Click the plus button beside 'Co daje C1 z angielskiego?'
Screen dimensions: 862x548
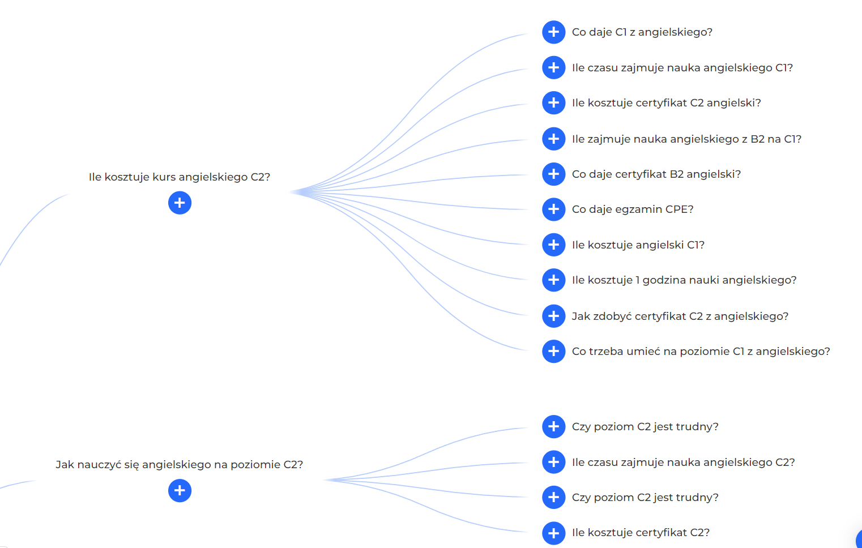point(553,32)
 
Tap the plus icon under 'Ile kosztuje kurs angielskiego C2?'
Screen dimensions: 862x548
point(180,203)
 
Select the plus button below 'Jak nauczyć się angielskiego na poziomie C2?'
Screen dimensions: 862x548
point(180,490)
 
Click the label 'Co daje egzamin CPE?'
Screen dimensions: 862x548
point(632,209)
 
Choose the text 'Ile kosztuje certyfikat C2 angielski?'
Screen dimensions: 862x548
point(666,103)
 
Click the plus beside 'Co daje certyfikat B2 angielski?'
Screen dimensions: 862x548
point(553,174)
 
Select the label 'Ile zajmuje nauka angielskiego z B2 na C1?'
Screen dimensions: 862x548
point(686,139)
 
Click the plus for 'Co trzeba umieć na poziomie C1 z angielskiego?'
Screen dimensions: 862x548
point(553,351)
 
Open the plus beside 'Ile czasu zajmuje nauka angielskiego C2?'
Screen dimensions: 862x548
point(553,462)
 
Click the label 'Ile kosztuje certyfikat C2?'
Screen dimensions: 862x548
point(641,533)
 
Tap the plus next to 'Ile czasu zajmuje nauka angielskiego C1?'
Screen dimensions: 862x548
point(553,67)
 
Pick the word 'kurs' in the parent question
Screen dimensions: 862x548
point(164,177)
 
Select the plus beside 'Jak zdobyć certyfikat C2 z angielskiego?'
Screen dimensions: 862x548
point(553,316)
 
